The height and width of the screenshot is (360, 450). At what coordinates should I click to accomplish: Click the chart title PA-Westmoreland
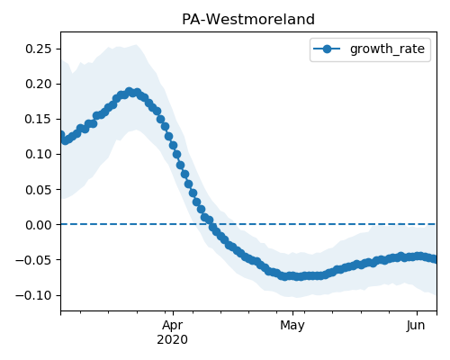point(248,20)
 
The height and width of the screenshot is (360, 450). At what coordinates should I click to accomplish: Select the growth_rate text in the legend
point(387,49)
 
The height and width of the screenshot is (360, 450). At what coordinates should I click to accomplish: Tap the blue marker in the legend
point(327,49)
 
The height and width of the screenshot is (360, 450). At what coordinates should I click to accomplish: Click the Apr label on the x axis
point(173,325)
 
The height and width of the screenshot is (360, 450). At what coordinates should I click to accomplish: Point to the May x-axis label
point(292,325)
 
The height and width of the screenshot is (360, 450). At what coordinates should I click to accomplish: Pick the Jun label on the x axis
point(416,325)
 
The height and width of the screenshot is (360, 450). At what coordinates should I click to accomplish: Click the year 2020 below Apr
point(173,339)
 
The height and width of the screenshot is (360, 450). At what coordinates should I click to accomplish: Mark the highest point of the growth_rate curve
point(130,92)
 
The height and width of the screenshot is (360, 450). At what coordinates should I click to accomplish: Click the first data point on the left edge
point(61,135)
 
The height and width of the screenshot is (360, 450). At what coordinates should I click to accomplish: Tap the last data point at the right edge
point(435,258)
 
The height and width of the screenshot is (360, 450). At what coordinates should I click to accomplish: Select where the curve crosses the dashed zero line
point(211,224)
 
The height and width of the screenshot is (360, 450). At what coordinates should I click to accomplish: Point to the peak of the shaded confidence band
point(137,45)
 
